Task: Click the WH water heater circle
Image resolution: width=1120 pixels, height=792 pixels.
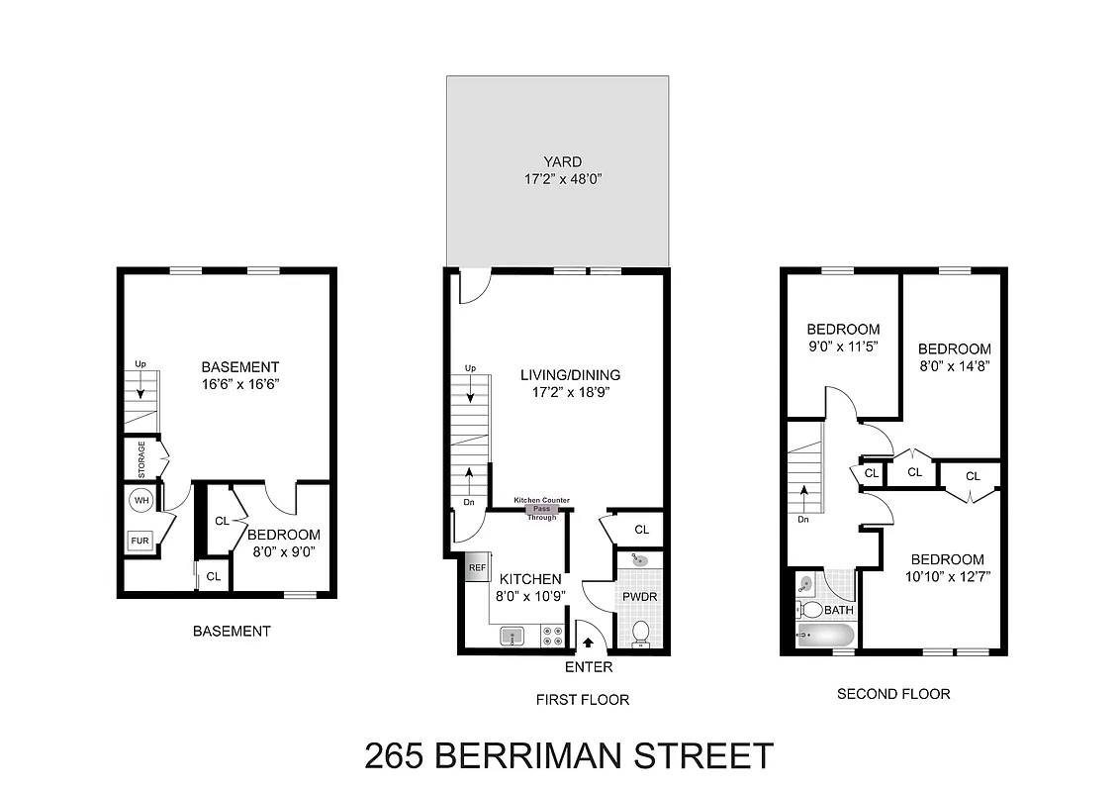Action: point(141,500)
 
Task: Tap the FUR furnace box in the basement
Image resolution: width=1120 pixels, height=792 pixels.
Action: point(140,541)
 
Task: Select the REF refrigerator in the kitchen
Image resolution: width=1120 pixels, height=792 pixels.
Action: point(477,567)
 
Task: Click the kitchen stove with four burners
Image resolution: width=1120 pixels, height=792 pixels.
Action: point(552,637)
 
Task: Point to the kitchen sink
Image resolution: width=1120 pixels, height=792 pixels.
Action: point(513,636)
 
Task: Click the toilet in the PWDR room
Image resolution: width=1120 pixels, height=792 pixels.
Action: point(641,634)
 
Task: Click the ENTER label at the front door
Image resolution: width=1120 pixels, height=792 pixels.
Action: point(589,667)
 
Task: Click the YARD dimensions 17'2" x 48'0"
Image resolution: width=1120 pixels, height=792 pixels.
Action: point(563,179)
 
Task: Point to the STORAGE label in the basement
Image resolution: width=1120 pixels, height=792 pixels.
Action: point(141,459)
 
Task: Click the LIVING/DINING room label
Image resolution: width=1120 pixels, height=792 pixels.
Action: point(570,374)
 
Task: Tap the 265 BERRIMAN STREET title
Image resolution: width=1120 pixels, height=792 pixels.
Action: point(569,755)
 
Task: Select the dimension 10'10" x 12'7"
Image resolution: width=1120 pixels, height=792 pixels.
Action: point(947,577)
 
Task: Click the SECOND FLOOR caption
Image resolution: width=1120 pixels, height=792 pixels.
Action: point(893,693)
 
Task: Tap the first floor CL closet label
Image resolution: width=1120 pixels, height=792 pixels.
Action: point(641,530)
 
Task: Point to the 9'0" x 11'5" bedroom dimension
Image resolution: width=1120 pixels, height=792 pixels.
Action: point(843,346)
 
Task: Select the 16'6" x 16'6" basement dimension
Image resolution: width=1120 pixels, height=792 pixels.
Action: point(240,384)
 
